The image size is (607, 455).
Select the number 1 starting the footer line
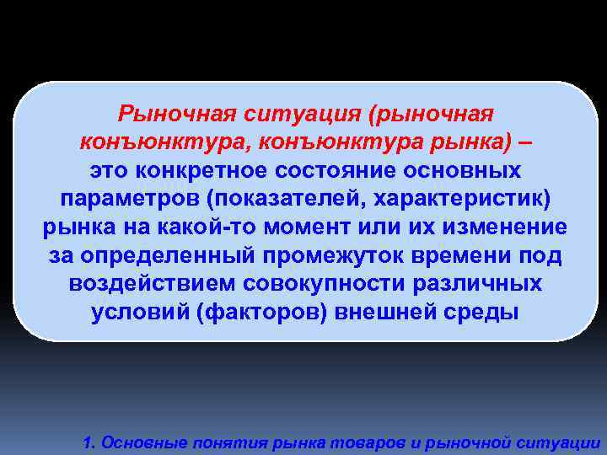click(x=88, y=442)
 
